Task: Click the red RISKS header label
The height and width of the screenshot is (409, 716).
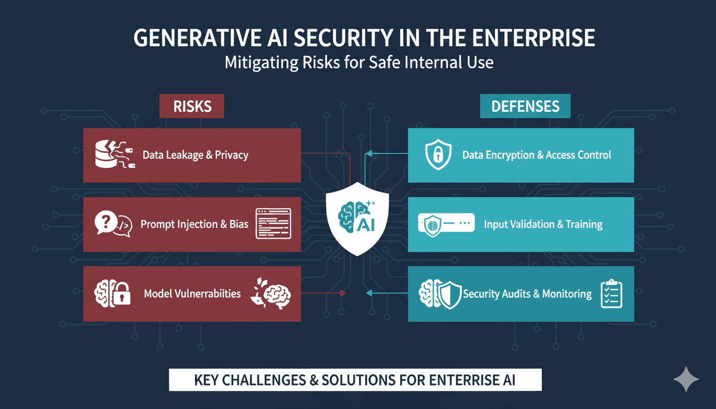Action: click(x=192, y=106)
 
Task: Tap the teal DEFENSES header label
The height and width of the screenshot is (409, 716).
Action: click(x=525, y=106)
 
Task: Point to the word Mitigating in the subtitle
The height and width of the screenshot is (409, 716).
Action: click(x=262, y=63)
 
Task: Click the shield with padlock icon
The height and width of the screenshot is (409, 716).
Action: click(x=438, y=154)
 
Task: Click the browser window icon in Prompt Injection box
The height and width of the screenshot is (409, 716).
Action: click(x=273, y=224)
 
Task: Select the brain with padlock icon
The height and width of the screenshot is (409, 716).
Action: click(x=112, y=293)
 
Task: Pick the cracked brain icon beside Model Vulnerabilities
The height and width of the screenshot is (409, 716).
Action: click(x=271, y=293)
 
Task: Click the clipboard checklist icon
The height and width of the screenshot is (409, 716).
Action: click(x=612, y=293)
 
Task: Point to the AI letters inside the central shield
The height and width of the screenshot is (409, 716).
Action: click(x=365, y=225)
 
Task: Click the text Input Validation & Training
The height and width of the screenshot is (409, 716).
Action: click(x=543, y=224)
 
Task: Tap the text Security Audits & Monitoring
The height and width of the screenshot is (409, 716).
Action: click(x=527, y=293)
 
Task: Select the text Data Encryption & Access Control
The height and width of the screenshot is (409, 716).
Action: click(x=536, y=155)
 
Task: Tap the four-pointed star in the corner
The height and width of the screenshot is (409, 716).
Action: click(x=686, y=379)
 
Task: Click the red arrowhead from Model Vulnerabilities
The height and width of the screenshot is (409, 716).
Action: click(x=343, y=293)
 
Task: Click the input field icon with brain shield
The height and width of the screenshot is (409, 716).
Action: click(x=446, y=225)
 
